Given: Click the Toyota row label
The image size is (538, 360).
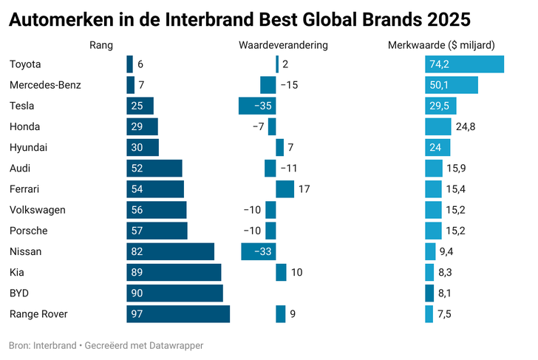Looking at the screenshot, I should coord(25,64).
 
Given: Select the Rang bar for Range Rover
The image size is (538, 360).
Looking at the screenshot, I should coord(177,314).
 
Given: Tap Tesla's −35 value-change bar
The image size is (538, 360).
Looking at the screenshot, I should coord(257,106).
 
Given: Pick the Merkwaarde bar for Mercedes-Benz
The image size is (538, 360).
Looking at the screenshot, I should coord(451,85).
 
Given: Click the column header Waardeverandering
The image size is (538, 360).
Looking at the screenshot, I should coord(283,46).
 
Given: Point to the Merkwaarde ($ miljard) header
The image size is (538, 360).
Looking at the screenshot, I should coord(441,46).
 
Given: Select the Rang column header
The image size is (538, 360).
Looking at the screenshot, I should coord(101,46).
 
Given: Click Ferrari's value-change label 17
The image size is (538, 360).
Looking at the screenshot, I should coord(304,189).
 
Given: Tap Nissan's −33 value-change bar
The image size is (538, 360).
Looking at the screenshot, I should coord(258,251).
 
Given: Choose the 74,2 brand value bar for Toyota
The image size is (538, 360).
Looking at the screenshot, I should coord(464,64).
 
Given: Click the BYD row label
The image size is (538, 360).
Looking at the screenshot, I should coord(19,293).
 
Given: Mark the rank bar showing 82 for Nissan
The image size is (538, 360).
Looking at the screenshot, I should coord(170,251).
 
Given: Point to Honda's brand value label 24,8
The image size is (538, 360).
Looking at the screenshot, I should coord(466,126).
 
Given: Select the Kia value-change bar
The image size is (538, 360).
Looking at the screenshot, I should coord(281,273).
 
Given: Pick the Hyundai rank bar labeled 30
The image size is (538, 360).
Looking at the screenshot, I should coord(142,147).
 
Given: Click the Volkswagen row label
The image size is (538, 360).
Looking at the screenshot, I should coord(37,210).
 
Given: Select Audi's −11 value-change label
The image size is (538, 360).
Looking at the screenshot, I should coord(289,169).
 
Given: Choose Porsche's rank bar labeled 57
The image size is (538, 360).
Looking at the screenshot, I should coord(157,231).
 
